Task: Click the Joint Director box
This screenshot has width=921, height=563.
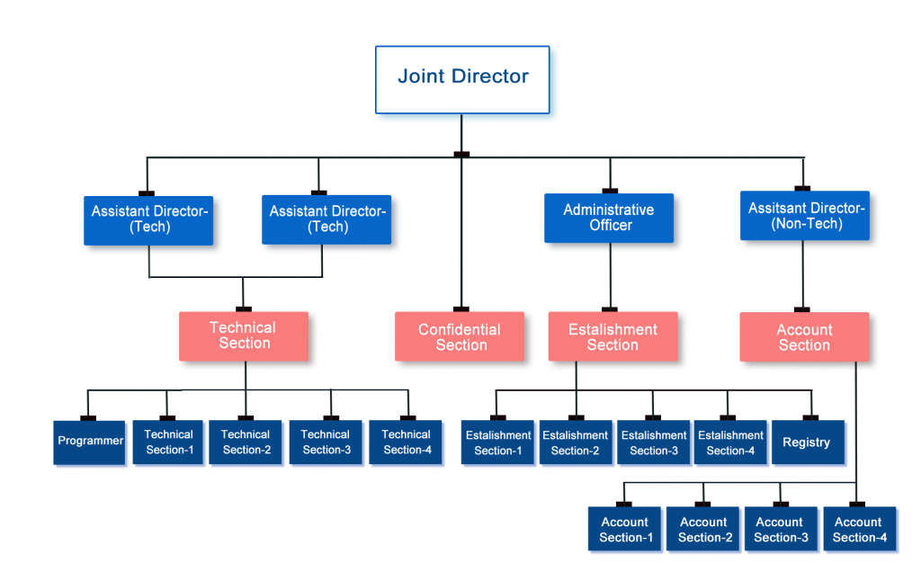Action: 462,79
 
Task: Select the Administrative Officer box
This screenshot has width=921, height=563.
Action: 609,219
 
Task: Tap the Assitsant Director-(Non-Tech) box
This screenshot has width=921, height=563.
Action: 805,216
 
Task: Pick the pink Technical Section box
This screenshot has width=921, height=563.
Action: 244,336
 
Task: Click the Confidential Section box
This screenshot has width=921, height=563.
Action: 460,337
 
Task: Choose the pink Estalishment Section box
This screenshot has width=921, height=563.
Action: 613,337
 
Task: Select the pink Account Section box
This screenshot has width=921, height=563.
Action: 804,337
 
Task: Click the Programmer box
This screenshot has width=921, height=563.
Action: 90,442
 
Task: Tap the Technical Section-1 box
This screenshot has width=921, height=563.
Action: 168,442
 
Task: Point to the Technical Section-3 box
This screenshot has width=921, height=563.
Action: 326,442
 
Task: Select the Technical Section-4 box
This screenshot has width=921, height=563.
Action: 406,442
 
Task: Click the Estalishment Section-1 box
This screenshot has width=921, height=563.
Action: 498,442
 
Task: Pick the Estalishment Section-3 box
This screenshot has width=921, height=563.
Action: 654,442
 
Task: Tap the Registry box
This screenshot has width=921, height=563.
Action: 807,442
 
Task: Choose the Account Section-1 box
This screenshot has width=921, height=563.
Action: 625,530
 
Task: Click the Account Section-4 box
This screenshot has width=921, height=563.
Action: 859,530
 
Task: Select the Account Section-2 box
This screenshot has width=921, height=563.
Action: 703,530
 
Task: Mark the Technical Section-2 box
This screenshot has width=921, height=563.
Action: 246,442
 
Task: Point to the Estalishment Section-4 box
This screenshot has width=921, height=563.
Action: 730,442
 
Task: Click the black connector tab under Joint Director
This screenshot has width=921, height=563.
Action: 461,155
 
